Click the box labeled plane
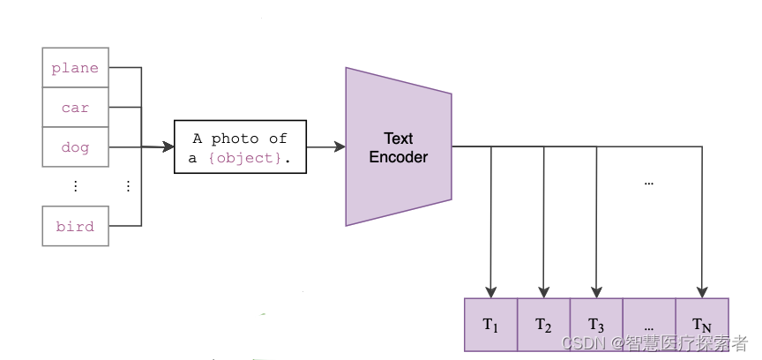[75, 68]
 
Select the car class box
[75, 108]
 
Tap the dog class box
[75, 147]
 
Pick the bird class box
[75, 226]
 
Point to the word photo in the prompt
[235, 139]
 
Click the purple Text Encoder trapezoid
[398, 147]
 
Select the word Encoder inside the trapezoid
[398, 157]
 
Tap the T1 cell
[490, 325]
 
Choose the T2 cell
[543, 325]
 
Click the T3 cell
[596, 325]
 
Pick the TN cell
[702, 325]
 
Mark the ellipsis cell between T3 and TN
[649, 325]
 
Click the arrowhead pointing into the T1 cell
[491, 292]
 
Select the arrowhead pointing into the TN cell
[703, 292]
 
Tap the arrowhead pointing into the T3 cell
[597, 292]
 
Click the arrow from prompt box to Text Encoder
[325, 147]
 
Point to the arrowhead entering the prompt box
[168, 147]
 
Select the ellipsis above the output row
[649, 183]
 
